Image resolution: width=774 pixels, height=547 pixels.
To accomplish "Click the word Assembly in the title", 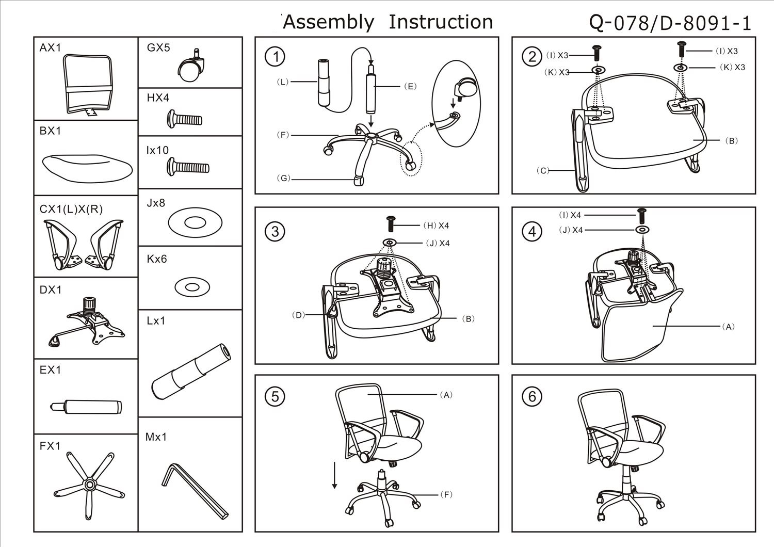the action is click(x=328, y=23).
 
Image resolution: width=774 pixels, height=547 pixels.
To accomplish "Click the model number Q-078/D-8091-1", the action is click(x=670, y=23).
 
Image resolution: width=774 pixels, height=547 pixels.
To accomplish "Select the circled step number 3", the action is click(x=275, y=231).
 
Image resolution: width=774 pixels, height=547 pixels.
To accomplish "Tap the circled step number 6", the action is click(x=532, y=396).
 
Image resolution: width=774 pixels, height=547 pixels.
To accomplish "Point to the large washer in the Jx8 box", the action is click(x=195, y=222).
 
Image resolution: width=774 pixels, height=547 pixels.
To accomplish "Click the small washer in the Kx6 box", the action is click(x=192, y=287).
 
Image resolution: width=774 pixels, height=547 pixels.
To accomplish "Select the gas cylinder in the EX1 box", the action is click(x=86, y=407).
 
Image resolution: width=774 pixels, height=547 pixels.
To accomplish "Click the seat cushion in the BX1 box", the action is click(x=87, y=169).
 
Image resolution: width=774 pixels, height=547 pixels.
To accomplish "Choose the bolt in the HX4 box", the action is click(x=185, y=119).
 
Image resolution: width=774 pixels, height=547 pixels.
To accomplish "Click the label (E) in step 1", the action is click(x=410, y=86).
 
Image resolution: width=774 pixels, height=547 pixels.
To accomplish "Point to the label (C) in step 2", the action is click(x=543, y=170).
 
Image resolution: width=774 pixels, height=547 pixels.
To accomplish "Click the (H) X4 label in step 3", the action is click(x=436, y=226).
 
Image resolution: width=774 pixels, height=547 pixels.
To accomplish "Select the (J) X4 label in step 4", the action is click(x=571, y=230).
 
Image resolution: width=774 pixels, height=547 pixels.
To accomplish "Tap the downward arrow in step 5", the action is click(x=334, y=475).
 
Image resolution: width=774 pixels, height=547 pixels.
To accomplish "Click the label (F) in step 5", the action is click(x=446, y=494).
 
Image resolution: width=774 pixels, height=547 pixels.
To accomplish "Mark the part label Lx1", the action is click(x=156, y=320).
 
